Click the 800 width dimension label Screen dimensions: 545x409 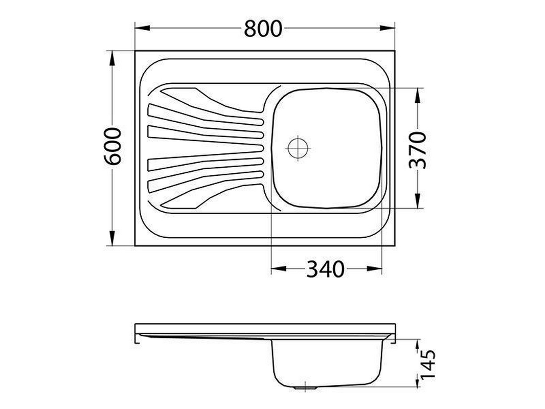coord(263,29)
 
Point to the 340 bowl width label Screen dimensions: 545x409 coord(325,269)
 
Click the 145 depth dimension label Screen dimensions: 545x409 coord(427,365)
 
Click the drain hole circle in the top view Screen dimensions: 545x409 coord(298,148)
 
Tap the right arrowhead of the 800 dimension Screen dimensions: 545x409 coord(387,28)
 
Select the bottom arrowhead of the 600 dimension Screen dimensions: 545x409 coord(112,238)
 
